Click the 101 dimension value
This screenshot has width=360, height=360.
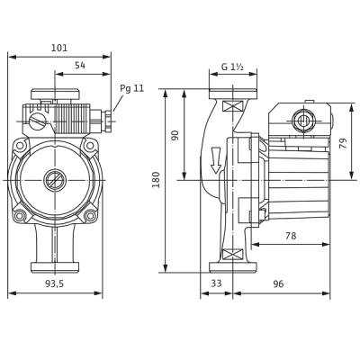59,48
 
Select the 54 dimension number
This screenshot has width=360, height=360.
80,65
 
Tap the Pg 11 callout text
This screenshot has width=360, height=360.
132,88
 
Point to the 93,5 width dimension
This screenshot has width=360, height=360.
55,283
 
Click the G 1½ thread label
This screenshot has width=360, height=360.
232,67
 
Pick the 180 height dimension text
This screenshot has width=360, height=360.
156,180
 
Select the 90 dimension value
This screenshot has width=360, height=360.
175,135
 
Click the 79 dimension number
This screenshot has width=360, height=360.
343,143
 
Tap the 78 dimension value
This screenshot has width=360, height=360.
291,236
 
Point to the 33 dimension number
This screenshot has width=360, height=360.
216,283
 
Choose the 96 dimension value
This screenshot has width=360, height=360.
278,283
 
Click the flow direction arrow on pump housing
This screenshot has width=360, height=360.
215,160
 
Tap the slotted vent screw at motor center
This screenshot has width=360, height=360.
55,180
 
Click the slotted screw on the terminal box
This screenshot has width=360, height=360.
38,121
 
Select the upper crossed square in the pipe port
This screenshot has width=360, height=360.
233,106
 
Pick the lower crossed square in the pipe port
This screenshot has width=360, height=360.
233,255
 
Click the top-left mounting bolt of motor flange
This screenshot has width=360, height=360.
20,146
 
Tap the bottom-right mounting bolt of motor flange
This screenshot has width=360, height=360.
89,215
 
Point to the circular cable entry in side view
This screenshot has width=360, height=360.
303,121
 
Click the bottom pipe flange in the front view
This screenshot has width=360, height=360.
55,267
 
